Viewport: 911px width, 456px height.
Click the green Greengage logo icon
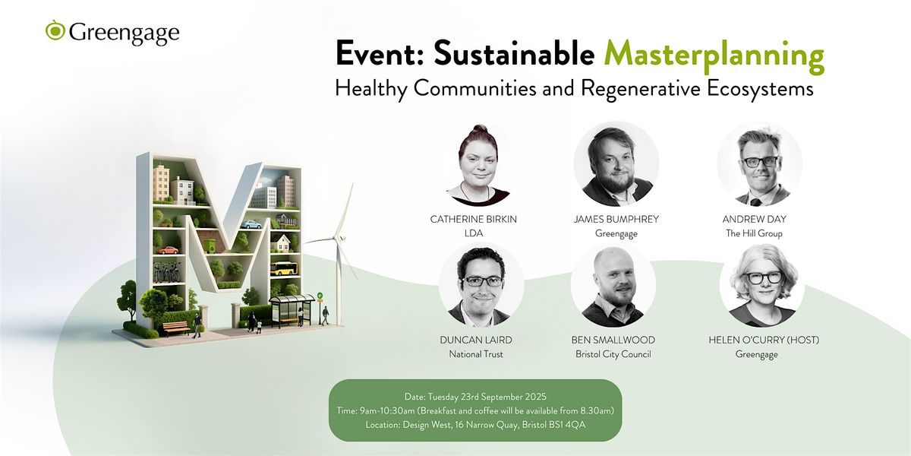(x=55, y=30)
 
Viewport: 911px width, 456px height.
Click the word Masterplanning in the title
(x=714, y=56)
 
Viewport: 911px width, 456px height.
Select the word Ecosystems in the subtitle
(x=760, y=90)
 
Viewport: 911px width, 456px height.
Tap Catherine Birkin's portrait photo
(x=478, y=165)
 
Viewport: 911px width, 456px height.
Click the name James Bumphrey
(x=616, y=219)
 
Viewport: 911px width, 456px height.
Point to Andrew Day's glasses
(x=761, y=162)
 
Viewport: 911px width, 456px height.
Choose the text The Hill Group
(x=754, y=233)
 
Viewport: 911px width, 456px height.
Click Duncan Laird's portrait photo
(x=481, y=287)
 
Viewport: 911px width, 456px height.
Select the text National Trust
(x=476, y=354)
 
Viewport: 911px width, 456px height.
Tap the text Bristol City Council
(x=613, y=354)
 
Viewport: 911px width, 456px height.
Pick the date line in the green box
(x=475, y=397)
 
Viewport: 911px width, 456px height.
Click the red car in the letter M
(x=168, y=250)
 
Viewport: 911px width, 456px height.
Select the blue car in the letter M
(x=251, y=224)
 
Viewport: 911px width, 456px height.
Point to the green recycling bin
(x=210, y=245)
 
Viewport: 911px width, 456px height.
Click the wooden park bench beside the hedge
(x=176, y=328)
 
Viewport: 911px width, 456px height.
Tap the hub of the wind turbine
(x=336, y=237)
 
